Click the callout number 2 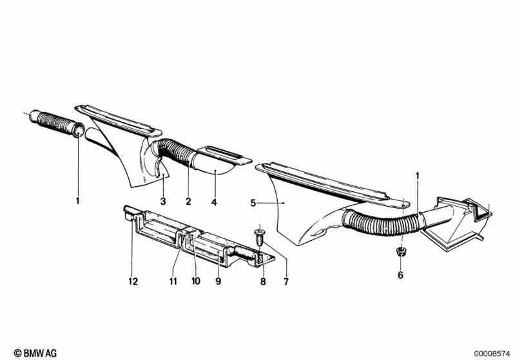(188, 201)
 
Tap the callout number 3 (163, 201)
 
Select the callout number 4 (214, 202)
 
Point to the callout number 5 (253, 203)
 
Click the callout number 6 (400, 275)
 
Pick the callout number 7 (286, 281)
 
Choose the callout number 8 (263, 281)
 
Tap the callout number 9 (219, 281)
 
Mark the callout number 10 (196, 281)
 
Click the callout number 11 (173, 281)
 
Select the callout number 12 (133, 281)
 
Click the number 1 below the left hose (78, 200)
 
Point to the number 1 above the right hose (418, 176)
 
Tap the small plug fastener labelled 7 (260, 237)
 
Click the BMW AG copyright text (35, 353)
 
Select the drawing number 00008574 (492, 354)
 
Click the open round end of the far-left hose (79, 130)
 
